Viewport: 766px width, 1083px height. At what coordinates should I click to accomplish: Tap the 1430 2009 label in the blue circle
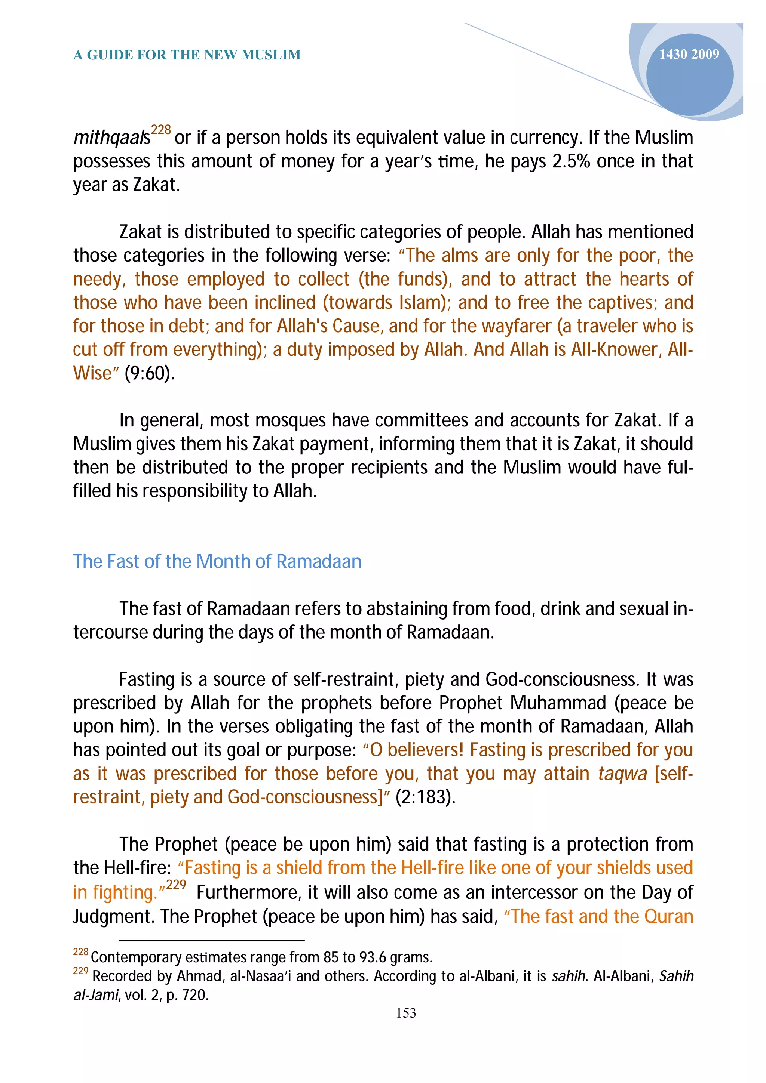[689, 54]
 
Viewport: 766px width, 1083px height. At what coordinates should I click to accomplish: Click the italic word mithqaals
[111, 138]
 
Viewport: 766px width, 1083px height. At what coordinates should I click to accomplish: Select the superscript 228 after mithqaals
[160, 130]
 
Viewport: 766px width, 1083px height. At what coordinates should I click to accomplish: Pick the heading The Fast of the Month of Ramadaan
[217, 561]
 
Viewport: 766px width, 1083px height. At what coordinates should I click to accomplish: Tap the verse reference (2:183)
[425, 797]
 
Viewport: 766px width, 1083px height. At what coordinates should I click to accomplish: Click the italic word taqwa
[622, 774]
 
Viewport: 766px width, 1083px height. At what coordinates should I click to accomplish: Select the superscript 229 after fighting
[176, 885]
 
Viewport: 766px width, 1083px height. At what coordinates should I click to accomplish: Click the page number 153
[406, 1013]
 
